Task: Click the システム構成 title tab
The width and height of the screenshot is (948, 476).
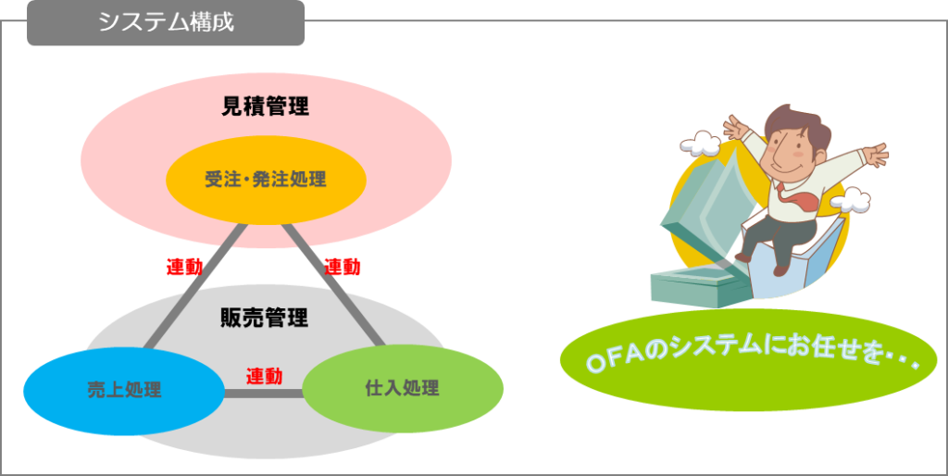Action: click(x=167, y=22)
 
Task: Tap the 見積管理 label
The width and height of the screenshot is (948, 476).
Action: click(x=265, y=106)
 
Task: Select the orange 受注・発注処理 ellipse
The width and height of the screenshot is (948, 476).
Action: click(x=266, y=179)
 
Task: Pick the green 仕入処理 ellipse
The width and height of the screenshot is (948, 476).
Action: click(x=402, y=388)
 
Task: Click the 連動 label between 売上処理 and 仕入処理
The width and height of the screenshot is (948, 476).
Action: click(x=264, y=377)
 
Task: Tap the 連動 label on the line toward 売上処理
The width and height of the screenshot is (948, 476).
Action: click(x=184, y=267)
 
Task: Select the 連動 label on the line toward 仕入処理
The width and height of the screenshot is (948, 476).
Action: click(x=343, y=267)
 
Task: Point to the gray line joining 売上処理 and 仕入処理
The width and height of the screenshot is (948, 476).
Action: click(x=264, y=394)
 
